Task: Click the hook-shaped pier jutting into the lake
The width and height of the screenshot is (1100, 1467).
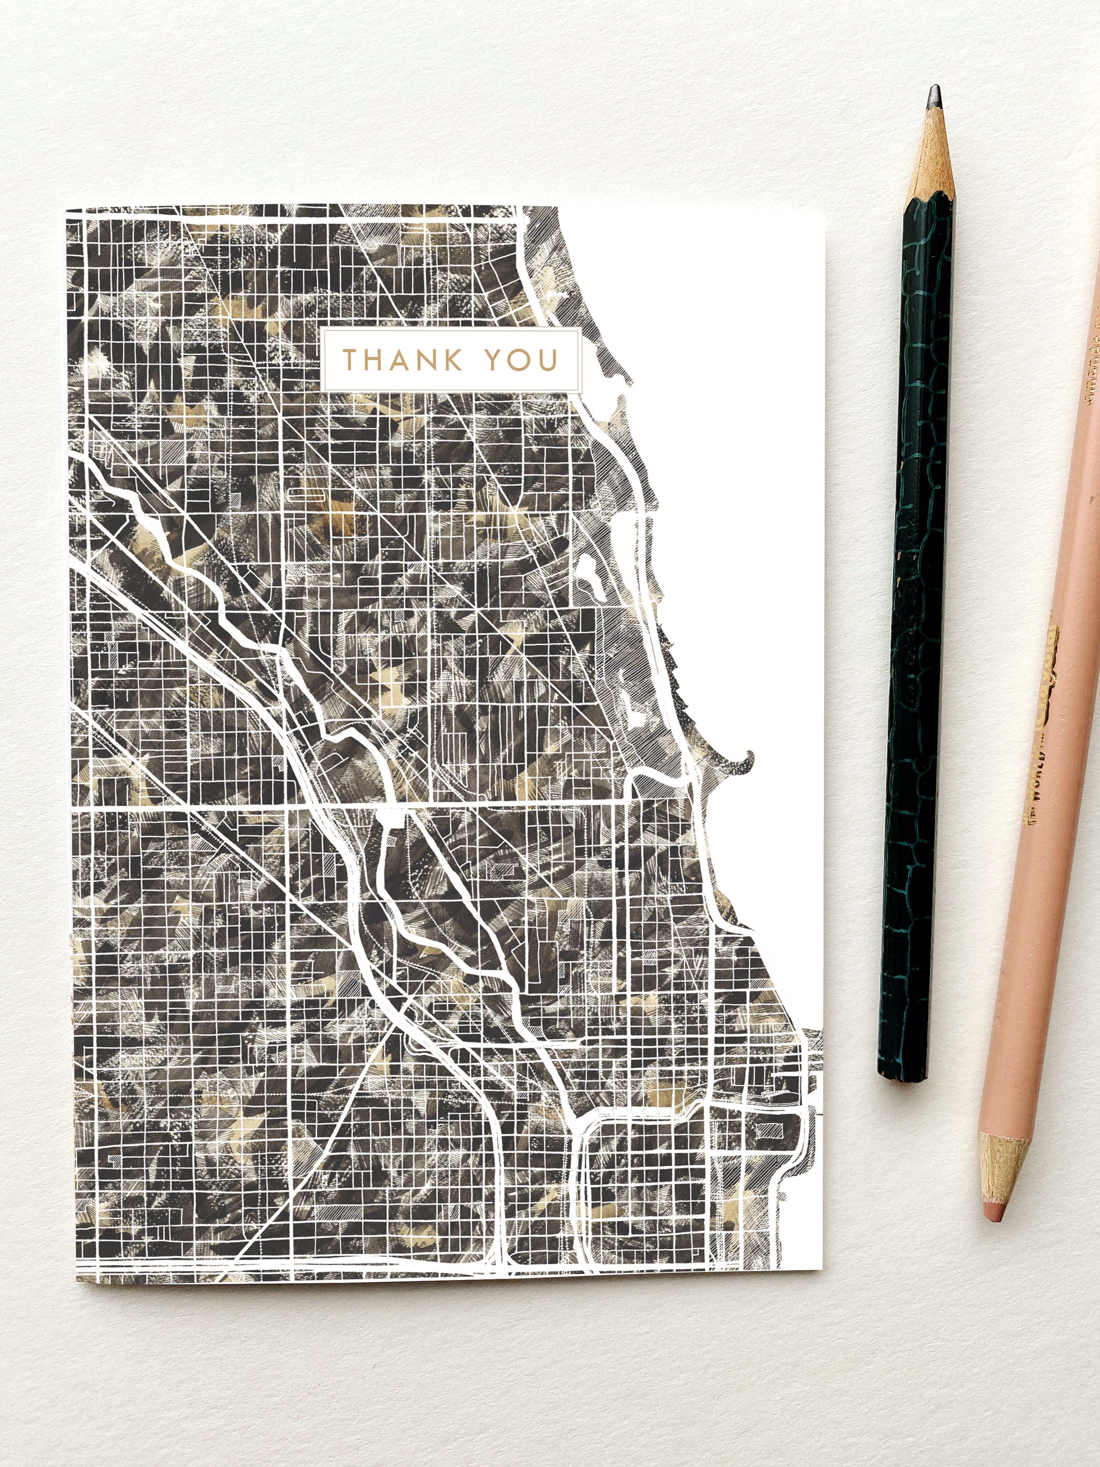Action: tap(743, 763)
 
